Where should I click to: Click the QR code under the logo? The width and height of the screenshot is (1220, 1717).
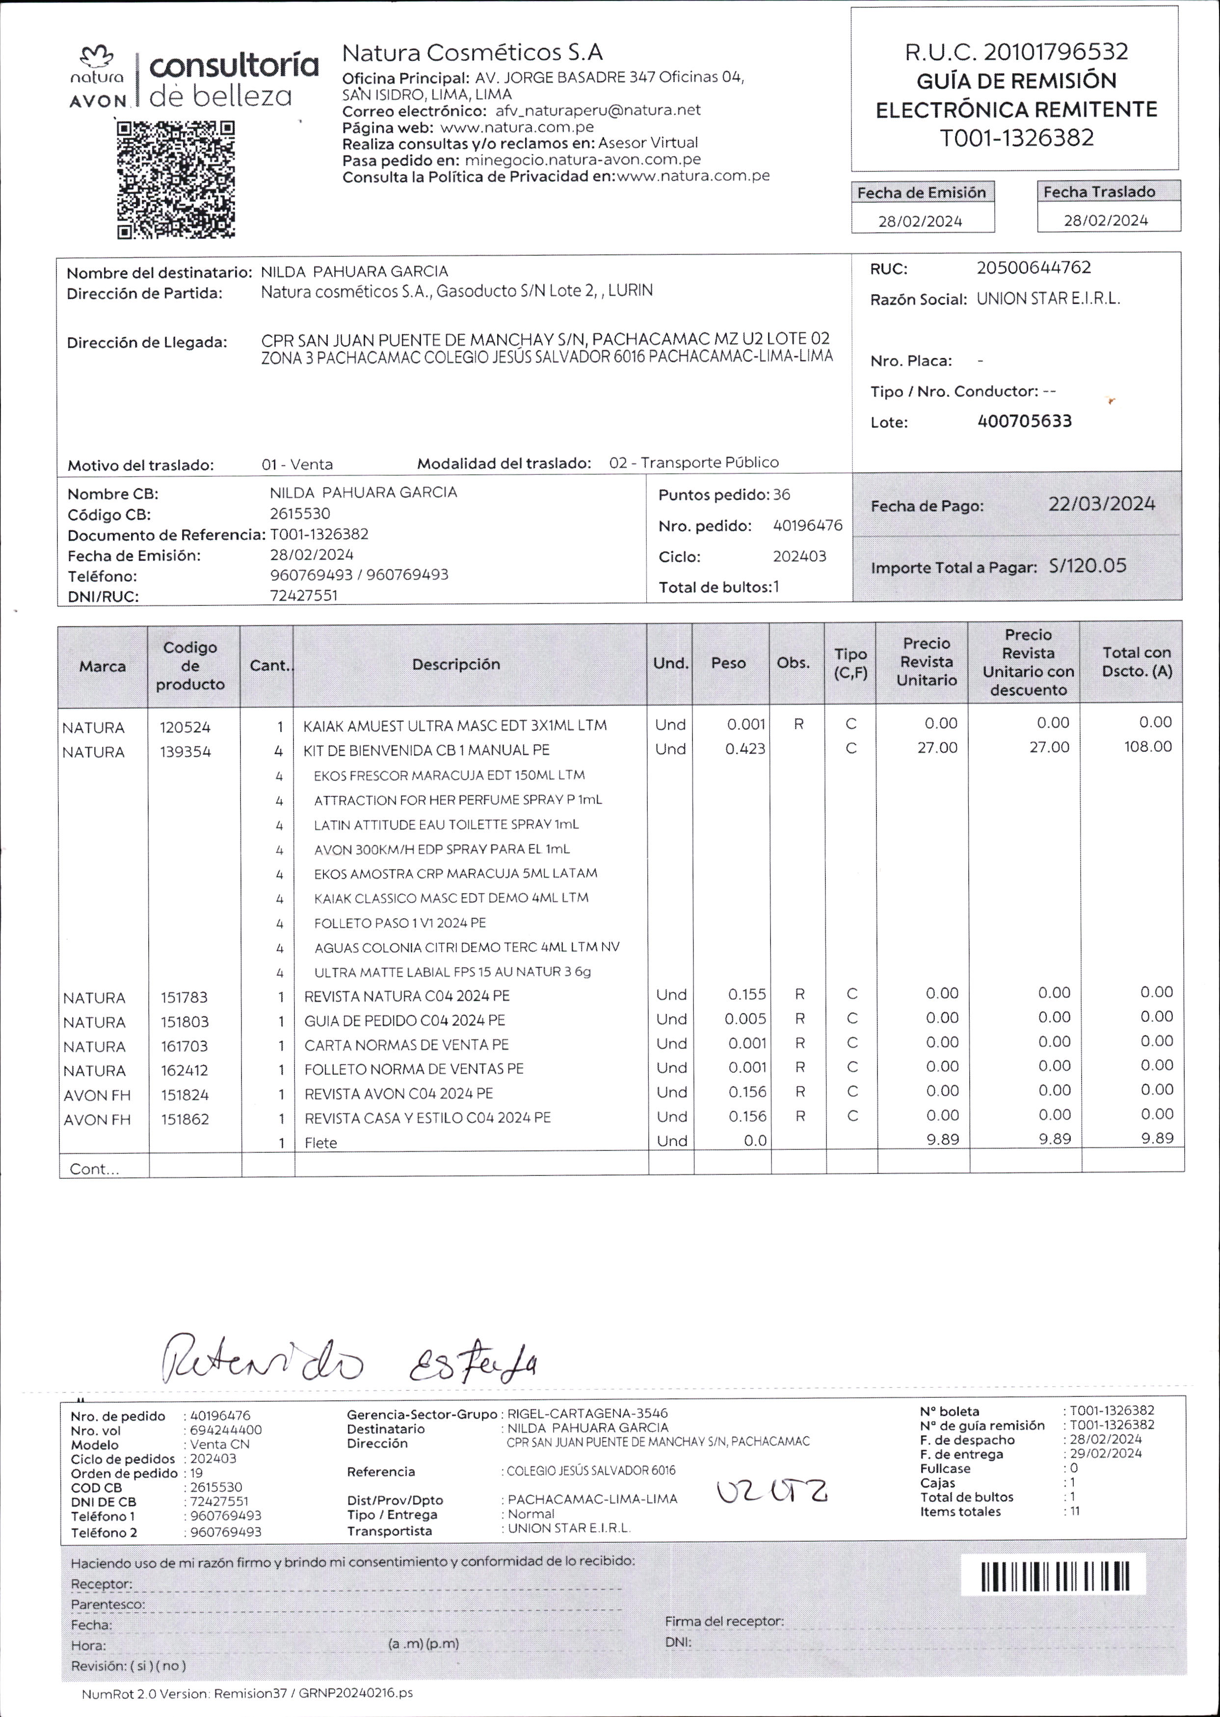coord(176,180)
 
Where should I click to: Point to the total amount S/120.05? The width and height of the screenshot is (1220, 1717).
coord(1088,566)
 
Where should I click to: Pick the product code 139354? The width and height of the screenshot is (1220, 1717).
coord(185,751)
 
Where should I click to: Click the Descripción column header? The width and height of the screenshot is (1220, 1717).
coord(455,664)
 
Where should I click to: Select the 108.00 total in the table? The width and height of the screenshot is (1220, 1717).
coord(1147,746)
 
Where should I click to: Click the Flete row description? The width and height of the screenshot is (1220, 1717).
coord(321,1142)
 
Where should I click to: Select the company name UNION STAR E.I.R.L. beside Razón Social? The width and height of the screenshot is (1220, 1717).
coord(1047,299)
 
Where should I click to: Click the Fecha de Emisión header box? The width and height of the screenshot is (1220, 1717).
coord(921,192)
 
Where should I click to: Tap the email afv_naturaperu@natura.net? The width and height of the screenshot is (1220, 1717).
coord(597,109)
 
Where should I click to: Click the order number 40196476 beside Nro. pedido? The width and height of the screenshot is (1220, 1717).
coord(808,525)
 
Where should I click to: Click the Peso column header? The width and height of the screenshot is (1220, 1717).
coord(728,663)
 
